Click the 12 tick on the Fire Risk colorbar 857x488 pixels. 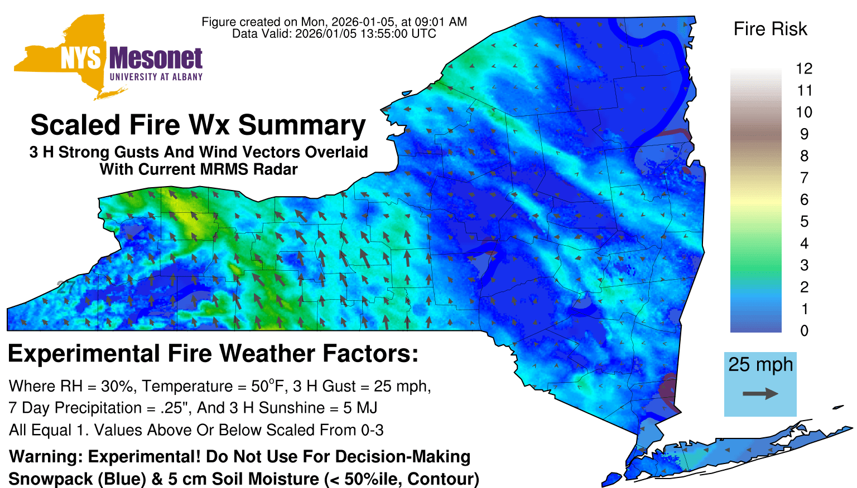tap(804, 69)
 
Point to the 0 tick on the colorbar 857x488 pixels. tap(804, 331)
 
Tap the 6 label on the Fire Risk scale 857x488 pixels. tap(804, 199)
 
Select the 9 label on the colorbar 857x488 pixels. tap(804, 134)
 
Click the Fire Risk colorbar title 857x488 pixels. tap(770, 29)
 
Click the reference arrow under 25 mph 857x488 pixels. tap(760, 393)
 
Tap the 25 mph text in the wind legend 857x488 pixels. tap(760, 364)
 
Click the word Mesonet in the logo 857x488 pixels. tap(156, 58)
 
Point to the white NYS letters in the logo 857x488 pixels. tap(81, 58)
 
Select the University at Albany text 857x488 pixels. tap(156, 77)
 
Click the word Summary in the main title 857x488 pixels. tap(302, 125)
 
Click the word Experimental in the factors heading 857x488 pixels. tap(84, 354)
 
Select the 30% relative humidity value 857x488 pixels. tap(117, 387)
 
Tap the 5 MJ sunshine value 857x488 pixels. tap(360, 408)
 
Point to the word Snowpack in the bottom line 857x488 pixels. tap(51, 479)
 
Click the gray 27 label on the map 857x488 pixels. tap(65, 287)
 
